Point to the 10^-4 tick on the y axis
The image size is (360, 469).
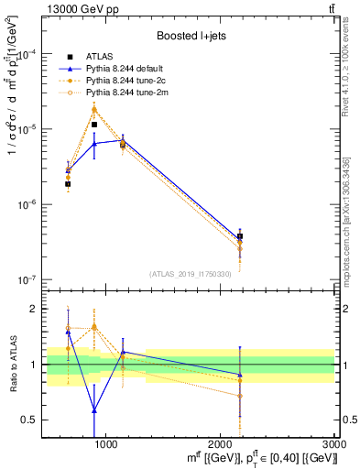click(29, 54)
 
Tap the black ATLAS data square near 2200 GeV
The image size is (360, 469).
click(240, 236)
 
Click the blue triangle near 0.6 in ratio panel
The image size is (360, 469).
click(94, 409)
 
